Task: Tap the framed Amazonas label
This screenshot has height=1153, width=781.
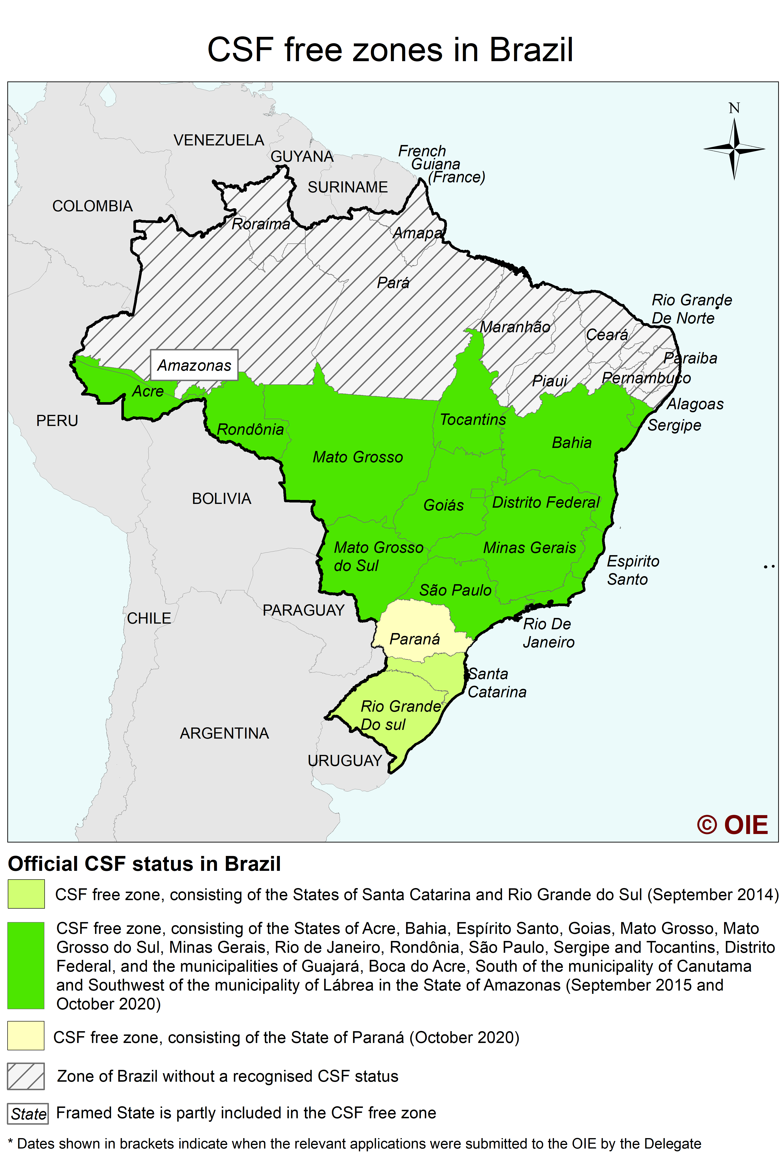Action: point(194,365)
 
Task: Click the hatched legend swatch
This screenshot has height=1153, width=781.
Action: point(26,1076)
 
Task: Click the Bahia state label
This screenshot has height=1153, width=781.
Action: point(572,442)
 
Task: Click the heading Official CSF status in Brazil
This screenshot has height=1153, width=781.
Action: point(144,864)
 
